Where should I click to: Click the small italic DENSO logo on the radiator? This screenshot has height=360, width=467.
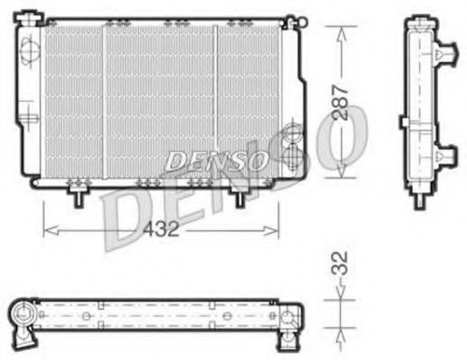pos(215,162)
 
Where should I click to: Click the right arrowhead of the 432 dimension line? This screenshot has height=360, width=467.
pos(274,227)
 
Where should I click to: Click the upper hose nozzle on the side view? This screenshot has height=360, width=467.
pos(443,59)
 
